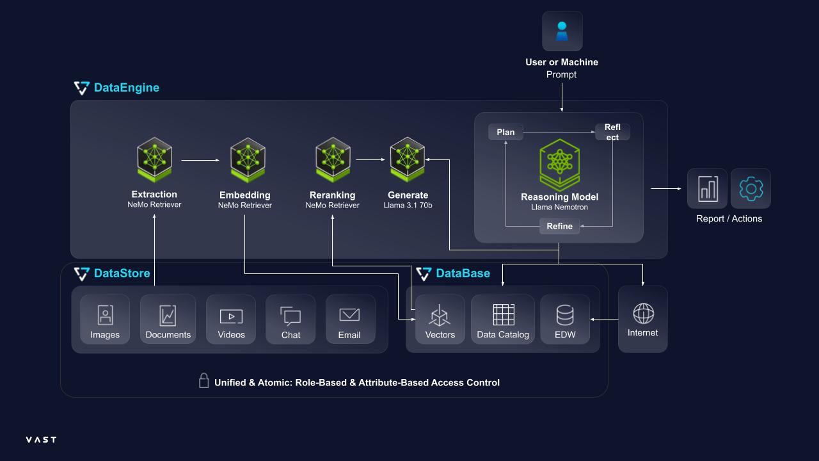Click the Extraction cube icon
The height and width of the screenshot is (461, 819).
point(154,159)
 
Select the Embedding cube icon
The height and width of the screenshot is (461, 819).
point(248,160)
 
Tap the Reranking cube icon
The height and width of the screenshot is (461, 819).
point(333,159)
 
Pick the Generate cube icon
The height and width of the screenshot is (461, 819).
point(408,159)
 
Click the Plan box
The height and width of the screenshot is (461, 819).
point(505,132)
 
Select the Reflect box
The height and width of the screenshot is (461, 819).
point(612,132)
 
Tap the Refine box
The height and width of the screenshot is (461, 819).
point(559,226)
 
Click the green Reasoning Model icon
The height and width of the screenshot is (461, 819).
point(559,165)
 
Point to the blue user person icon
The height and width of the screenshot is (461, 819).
point(562,31)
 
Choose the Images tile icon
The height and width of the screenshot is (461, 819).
point(105,315)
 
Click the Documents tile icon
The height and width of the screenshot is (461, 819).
point(168,316)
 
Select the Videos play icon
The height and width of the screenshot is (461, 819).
point(231,316)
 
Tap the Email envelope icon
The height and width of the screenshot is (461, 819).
point(349,314)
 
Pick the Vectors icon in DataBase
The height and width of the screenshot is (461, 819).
point(440,316)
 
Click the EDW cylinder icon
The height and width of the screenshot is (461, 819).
point(565,315)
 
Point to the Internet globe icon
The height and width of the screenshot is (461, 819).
point(643,314)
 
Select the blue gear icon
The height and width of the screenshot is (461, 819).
point(751,189)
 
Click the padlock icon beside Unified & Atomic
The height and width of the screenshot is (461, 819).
point(203,380)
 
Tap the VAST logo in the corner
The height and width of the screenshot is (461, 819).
point(42,439)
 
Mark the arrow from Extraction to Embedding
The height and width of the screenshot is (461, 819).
point(200,160)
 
